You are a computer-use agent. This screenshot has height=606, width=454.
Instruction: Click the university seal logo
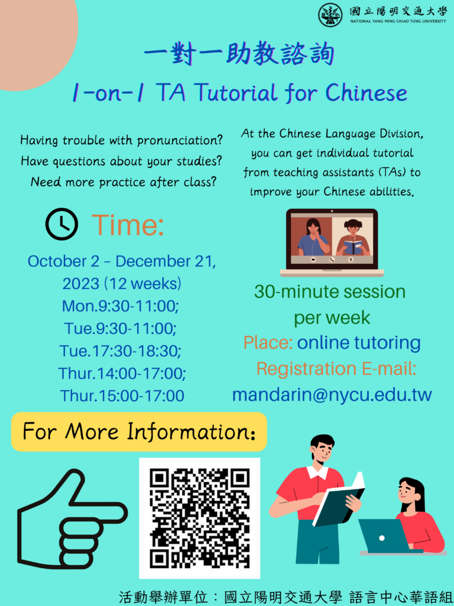coord(330,15)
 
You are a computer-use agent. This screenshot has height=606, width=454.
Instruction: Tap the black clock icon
coord(61,224)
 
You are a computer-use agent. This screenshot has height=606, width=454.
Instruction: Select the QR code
coord(200,518)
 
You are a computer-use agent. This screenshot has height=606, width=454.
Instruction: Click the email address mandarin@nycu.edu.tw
coord(332,395)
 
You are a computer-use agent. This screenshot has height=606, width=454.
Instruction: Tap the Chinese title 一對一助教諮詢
coord(239,54)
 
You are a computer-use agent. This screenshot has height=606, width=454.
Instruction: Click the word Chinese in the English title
coord(367,93)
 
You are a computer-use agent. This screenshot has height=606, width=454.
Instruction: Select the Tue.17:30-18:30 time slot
coord(121,351)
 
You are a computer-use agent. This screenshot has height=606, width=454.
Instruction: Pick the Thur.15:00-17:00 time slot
coord(122,396)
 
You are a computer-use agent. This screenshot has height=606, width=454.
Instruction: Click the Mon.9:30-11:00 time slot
coord(121,306)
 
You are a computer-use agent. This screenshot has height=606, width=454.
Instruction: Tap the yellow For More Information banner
coord(139,431)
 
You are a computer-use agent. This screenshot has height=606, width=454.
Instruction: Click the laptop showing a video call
coord(332,243)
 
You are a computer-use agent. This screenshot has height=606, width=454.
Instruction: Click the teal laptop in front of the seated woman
coord(383,536)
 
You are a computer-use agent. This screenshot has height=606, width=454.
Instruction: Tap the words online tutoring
coord(359,343)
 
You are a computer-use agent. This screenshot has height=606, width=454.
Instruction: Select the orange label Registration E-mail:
coord(336,369)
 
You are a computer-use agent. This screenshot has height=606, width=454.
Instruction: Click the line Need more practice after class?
coord(124,182)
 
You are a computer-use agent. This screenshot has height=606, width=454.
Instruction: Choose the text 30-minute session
coord(330,291)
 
